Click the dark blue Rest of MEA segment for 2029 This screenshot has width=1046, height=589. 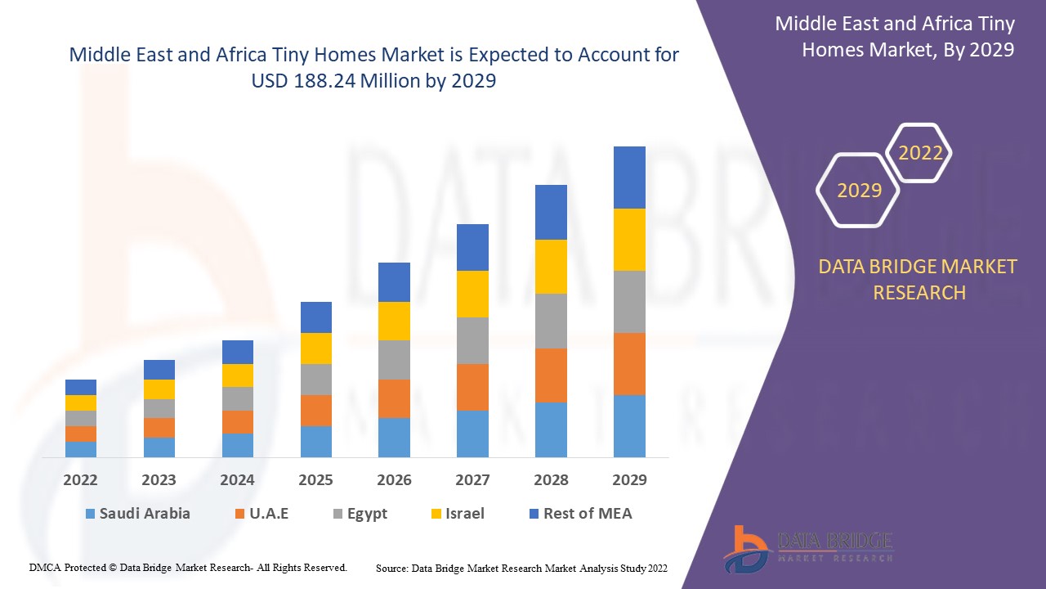629,178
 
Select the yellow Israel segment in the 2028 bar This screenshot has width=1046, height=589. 551,267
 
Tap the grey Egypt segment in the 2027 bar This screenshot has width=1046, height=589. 472,340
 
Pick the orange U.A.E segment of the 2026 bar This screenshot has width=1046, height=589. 394,398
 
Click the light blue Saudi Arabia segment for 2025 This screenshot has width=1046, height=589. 316,442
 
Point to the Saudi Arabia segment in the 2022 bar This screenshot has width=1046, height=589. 81,449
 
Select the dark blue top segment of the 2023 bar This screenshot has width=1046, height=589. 159,370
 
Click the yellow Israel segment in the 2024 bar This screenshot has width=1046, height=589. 238,375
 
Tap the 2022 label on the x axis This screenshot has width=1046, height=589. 80,480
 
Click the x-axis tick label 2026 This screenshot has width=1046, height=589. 394,480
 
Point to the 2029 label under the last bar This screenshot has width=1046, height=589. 629,480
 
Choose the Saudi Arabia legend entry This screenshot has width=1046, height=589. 136,514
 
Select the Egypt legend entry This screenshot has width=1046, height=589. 359,514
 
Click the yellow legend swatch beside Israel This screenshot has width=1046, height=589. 436,514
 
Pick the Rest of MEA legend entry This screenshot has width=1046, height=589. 580,514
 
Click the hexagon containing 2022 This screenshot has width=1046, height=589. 920,153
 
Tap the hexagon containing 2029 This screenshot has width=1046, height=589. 859,191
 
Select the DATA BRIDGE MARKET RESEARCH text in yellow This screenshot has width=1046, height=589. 919,280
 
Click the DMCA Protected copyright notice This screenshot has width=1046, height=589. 188,568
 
